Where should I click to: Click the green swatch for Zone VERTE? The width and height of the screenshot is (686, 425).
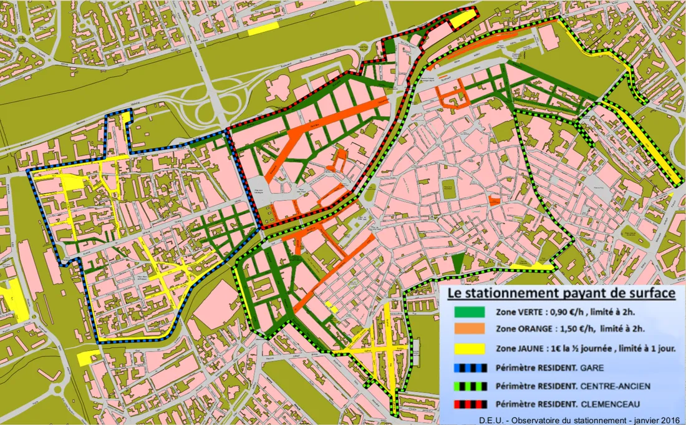point(470,312)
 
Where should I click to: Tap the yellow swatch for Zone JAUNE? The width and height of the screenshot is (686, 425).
point(470,348)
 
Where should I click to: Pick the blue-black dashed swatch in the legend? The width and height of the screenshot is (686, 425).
point(470,367)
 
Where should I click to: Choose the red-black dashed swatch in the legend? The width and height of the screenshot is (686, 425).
point(470,404)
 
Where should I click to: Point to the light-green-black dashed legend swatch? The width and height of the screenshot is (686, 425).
point(470,386)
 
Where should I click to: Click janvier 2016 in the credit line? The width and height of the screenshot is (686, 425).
point(649,419)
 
